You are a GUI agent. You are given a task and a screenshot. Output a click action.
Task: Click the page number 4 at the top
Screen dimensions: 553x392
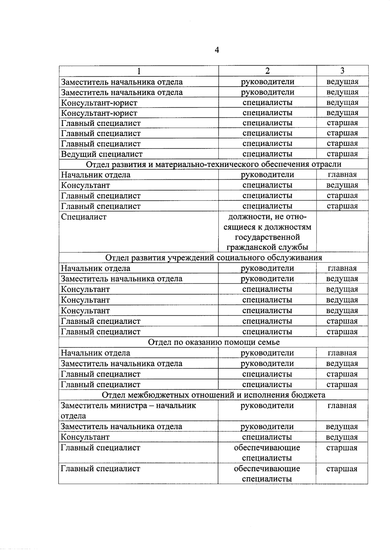coord(217,50)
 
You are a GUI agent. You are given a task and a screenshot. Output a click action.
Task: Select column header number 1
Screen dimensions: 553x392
coord(139,71)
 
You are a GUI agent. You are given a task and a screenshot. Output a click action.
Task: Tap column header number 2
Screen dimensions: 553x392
coord(267,71)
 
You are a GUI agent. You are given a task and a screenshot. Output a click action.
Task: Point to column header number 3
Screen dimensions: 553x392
coord(342,71)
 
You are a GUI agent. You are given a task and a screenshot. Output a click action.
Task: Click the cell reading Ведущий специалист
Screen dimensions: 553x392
coord(102,154)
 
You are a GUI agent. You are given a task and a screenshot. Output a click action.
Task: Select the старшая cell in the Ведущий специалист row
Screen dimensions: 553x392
coord(342,154)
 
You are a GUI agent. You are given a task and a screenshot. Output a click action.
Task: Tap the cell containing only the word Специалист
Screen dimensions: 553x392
coord(84,217)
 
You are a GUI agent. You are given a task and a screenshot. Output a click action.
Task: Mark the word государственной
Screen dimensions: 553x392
coord(267,237)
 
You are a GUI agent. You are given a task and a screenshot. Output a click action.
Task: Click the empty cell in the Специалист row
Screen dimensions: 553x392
coord(342,232)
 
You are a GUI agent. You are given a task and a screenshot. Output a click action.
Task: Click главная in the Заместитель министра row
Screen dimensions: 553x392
coord(342,406)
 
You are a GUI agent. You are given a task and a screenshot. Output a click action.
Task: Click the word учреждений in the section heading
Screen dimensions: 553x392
coord(191,258)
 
